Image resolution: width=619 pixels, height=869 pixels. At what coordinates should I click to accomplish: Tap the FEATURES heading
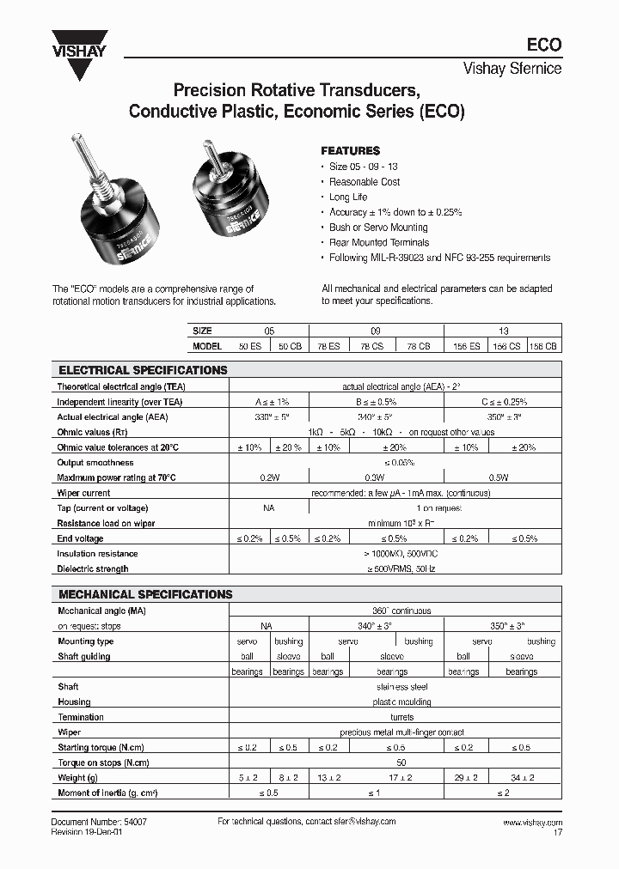point(350,150)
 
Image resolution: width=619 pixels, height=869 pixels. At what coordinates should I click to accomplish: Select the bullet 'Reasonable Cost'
point(365,182)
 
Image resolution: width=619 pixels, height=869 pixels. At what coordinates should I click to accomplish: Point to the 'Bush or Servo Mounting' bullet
point(378,228)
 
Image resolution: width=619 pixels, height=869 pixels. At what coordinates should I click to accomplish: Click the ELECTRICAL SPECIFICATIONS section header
point(143,370)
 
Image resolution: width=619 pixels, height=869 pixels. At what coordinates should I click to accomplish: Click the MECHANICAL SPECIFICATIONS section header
point(145,594)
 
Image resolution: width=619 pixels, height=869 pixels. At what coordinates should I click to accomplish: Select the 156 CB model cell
point(544,345)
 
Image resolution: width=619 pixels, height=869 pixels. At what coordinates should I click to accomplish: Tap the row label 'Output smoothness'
point(95,463)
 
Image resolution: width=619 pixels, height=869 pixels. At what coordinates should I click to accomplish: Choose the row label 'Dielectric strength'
point(93,568)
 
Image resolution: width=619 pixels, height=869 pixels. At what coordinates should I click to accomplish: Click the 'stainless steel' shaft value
point(401,687)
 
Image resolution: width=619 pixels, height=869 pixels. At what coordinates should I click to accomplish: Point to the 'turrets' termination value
point(401,717)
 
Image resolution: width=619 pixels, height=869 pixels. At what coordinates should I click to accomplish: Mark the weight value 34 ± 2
point(521,778)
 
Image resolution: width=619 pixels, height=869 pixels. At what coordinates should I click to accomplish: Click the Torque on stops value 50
point(401,763)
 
